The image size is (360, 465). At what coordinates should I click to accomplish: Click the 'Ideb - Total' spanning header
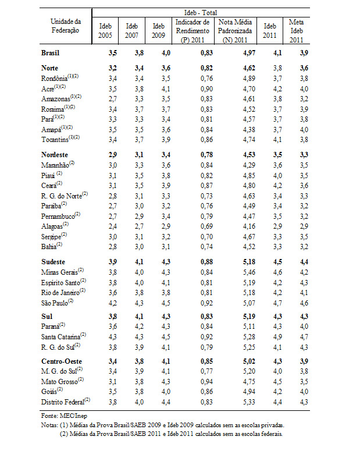click(201, 12)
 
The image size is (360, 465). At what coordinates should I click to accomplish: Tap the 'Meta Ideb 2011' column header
click(297, 30)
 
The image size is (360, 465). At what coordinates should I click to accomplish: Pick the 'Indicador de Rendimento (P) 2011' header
click(192, 30)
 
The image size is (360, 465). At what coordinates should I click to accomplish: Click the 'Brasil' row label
click(50, 53)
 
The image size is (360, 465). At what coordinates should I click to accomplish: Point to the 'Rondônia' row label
click(56, 78)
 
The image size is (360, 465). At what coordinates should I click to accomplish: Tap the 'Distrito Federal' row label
click(63, 401)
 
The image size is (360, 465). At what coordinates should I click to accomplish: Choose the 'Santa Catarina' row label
click(62, 336)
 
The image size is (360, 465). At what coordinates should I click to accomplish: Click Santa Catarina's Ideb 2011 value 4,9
click(270, 336)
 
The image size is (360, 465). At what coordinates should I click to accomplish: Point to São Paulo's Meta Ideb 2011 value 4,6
click(298, 303)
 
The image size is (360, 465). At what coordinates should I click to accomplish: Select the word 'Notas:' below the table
click(50, 425)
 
